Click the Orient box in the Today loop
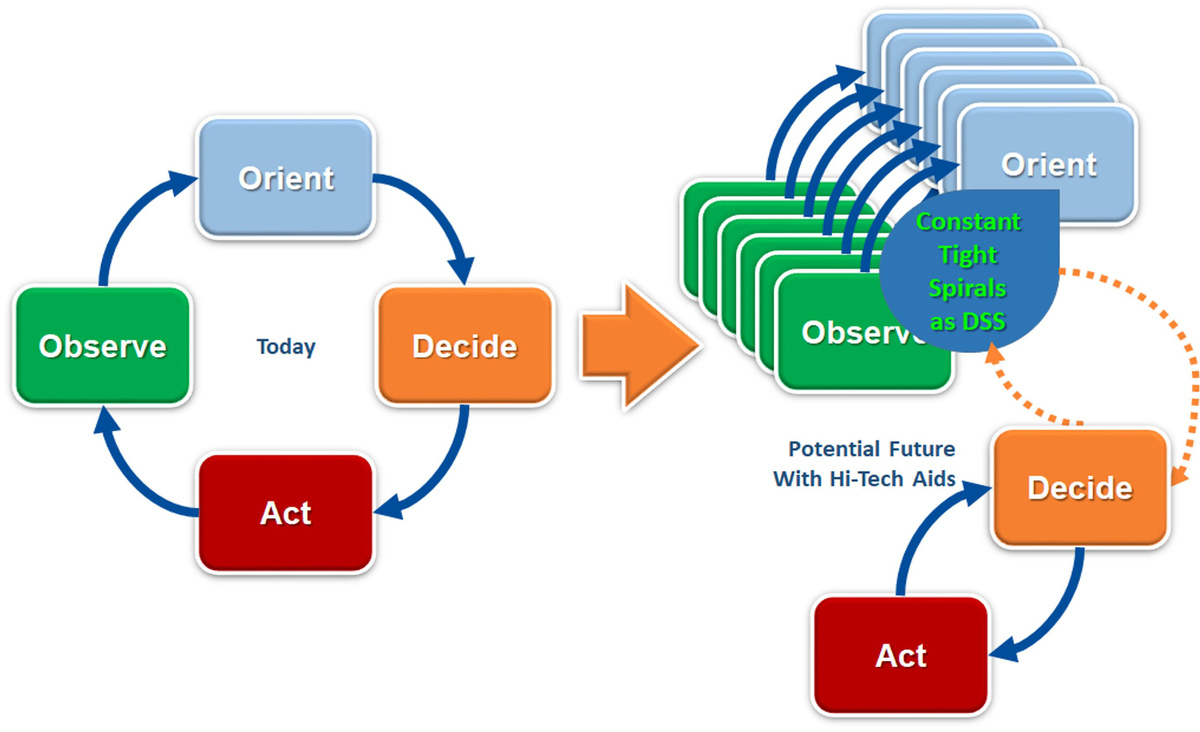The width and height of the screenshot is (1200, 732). coord(286,177)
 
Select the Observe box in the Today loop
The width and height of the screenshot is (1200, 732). coord(102,346)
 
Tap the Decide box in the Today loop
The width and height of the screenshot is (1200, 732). coord(465,346)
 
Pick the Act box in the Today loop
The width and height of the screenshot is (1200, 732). coord(286,513)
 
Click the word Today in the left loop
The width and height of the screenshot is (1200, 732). coord(286,347)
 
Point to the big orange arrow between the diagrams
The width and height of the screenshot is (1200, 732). coord(640,346)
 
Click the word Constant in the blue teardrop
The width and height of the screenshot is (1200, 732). coord(969,222)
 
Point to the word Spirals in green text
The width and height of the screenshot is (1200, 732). coord(968,288)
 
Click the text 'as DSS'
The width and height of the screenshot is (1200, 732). coord(968,322)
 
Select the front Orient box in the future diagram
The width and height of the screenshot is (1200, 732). coord(1048,164)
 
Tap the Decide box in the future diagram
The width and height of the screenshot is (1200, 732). coord(1080,488)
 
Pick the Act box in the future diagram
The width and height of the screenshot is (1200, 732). coord(901,655)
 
